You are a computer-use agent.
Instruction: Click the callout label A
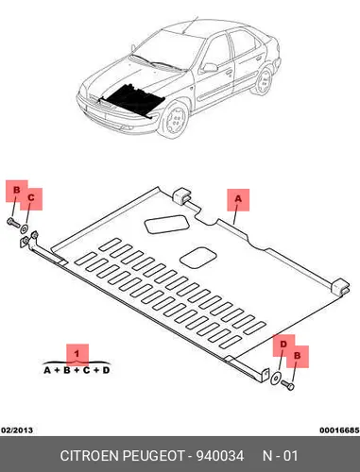(238, 199)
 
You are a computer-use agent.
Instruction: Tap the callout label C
(31, 198)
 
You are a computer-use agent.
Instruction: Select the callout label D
(283, 345)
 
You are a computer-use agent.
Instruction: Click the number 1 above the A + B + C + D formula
(77, 354)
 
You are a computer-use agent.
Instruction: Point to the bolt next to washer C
(12, 223)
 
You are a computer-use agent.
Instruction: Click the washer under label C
(24, 228)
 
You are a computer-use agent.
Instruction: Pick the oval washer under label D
(276, 379)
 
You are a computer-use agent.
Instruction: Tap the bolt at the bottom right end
(287, 385)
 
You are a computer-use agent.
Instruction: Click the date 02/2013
(17, 430)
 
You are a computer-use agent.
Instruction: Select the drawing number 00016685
(339, 430)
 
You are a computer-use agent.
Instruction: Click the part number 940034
(220, 456)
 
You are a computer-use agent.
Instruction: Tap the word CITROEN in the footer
(89, 456)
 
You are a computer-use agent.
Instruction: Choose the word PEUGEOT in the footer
(153, 456)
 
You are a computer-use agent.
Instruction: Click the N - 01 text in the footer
(280, 456)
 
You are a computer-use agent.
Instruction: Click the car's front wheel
(175, 119)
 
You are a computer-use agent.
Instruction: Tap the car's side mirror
(210, 68)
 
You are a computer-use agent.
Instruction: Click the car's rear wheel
(264, 81)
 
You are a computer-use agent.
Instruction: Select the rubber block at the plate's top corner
(181, 196)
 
